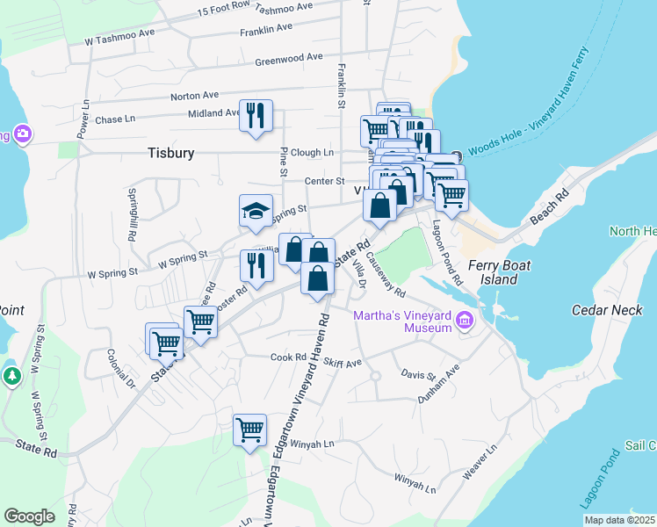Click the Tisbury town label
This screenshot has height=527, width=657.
tap(170, 153)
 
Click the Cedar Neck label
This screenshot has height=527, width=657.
tap(601, 310)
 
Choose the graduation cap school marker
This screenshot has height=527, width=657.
tap(256, 211)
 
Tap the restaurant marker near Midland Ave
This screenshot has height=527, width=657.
tap(256, 115)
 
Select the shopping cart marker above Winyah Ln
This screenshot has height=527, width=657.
tap(250, 430)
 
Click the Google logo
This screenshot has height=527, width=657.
tap(30, 516)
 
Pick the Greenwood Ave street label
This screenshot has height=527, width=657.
tap(289, 59)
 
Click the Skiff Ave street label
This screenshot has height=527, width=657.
tap(343, 363)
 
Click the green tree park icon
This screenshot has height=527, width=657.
tap(11, 377)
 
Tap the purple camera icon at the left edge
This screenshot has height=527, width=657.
tap(22, 134)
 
